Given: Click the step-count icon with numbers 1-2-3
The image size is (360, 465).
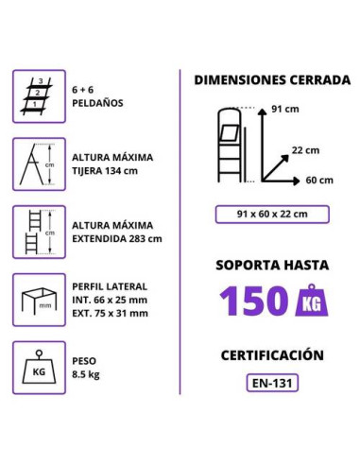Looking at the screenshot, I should click(39, 96).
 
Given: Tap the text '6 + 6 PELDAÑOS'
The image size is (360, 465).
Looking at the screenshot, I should click(98, 96).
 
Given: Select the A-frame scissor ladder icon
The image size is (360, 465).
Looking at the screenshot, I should click(39, 164).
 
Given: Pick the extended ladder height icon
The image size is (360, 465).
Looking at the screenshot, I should click(39, 232).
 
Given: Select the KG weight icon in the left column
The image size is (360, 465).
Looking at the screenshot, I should click(39, 367).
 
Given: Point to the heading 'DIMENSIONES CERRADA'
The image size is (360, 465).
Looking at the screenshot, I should click(271, 80).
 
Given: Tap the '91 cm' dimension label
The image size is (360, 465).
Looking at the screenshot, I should click(285, 108).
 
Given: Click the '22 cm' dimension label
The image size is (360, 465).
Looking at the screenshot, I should click(304, 149).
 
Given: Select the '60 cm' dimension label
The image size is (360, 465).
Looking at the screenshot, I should click(319, 181).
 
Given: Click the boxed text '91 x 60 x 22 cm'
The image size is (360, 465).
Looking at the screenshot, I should click(272, 215).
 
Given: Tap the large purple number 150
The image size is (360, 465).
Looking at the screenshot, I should click(252, 301).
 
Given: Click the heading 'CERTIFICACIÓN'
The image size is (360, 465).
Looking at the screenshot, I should click(272, 355).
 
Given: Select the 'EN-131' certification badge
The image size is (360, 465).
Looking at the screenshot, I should click(272, 385).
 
